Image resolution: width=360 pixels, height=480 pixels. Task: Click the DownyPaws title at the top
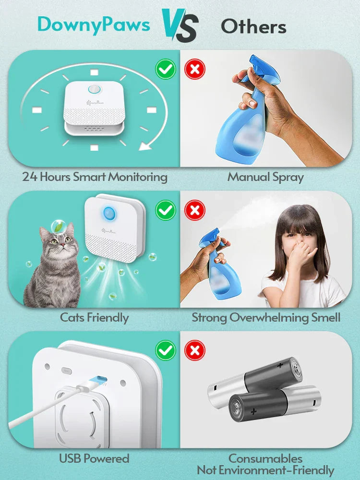pyautogui.click(x=94, y=24)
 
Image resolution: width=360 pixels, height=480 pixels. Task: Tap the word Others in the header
pyautogui.click(x=253, y=26)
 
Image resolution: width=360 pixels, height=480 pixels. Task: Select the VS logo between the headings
pyautogui.click(x=180, y=25)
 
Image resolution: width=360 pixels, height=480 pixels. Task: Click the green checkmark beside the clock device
pyautogui.click(x=166, y=70)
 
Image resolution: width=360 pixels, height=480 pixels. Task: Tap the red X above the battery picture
pyautogui.click(x=195, y=351)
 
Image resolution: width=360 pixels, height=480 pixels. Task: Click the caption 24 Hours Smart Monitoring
pyautogui.click(x=95, y=177)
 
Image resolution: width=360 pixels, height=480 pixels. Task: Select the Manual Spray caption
pyautogui.click(x=265, y=177)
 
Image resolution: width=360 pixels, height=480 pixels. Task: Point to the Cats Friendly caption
pyautogui.click(x=94, y=317)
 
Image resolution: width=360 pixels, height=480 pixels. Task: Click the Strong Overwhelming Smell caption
pyautogui.click(x=266, y=317)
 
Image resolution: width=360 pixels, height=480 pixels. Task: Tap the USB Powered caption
pyautogui.click(x=94, y=458)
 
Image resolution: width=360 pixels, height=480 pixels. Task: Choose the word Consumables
pyautogui.click(x=265, y=459)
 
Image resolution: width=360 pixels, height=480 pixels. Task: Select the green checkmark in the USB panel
pyautogui.click(x=166, y=351)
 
